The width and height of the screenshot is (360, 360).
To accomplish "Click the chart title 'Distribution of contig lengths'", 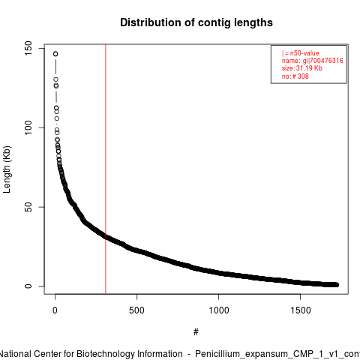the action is (196, 22).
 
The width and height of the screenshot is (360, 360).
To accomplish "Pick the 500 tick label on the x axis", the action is (136, 310).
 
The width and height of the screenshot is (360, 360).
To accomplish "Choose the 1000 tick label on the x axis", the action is (218, 310).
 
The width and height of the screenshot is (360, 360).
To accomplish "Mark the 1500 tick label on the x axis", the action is (300, 310).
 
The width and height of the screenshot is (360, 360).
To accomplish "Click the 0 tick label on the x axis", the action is (55, 310).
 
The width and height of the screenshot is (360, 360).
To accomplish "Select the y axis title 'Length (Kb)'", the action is (7, 169).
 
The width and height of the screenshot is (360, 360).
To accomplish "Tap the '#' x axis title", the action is (196, 332).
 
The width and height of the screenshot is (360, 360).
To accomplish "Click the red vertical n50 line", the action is (106, 169).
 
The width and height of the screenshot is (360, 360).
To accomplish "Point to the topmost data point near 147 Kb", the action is (55, 54).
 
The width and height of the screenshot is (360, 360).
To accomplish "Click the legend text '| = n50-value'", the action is (300, 53).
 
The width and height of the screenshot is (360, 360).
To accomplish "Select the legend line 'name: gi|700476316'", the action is (312, 61).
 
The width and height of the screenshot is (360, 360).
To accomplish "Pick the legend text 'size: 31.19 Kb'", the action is (301, 68).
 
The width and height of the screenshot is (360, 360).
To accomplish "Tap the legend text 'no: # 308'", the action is (295, 76).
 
